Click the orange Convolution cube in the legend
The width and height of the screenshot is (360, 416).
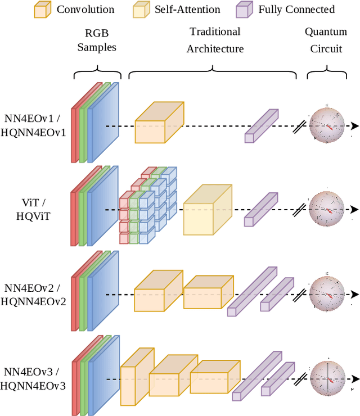pos(43,10)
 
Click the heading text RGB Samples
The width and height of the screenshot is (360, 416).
pos(97,39)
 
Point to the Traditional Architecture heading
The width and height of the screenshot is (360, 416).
pos(215,40)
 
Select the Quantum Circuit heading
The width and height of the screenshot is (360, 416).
pos(326,40)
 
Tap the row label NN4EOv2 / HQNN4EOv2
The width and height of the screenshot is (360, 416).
pos(33,294)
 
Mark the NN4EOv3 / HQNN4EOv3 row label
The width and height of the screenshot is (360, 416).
pos(33,378)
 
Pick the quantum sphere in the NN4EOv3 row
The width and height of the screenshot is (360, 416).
pos(326,378)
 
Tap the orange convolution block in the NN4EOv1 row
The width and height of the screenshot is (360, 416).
pos(159,123)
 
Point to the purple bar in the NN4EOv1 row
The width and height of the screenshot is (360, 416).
pos(261,125)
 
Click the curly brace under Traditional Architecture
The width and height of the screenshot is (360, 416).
pos(213,72)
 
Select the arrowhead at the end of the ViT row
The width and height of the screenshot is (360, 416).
pos(354,209)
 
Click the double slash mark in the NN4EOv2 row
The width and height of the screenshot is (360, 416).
pos(300,294)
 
